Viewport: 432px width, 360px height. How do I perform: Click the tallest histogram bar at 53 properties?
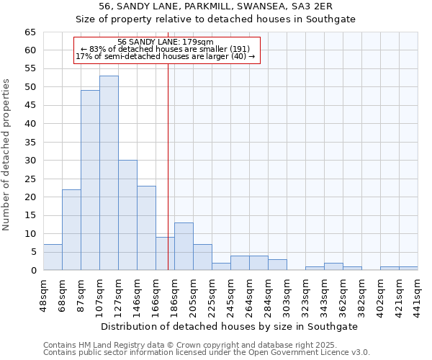(x=109, y=173)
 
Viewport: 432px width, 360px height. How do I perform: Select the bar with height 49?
(x=90, y=180)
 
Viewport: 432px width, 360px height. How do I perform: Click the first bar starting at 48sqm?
(x=53, y=257)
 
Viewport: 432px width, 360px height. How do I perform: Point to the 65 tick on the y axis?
(x=30, y=32)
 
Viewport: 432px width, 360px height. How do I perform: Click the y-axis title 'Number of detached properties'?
(x=7, y=155)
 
